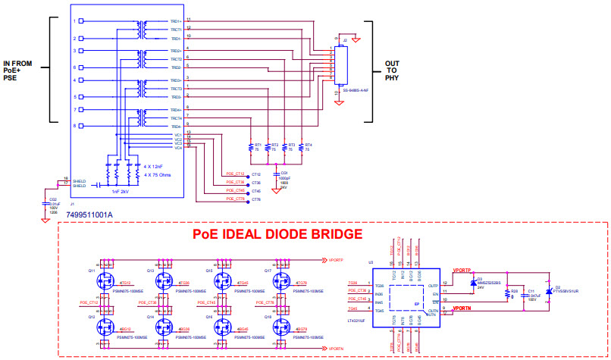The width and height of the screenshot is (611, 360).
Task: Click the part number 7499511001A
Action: (90, 215)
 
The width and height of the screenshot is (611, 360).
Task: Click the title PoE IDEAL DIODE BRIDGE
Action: (277, 235)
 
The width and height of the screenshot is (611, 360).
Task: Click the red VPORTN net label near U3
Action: (462, 309)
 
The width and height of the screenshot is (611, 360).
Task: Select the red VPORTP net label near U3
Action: (462, 270)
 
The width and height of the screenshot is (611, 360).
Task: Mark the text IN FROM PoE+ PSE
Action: (17, 69)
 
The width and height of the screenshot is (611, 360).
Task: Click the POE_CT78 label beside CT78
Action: (235, 199)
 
